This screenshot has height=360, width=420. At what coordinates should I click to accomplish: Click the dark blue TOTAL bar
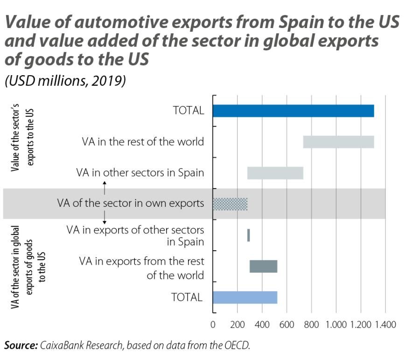click(x=293, y=111)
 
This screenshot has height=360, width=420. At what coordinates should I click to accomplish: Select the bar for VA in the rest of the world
click(x=338, y=142)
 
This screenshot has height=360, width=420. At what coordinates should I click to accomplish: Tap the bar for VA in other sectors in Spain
click(x=275, y=173)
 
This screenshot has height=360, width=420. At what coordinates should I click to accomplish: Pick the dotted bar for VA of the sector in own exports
click(x=230, y=204)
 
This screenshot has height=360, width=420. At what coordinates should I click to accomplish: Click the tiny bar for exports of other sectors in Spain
click(x=248, y=235)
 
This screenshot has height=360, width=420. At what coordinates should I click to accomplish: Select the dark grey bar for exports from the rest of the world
click(x=263, y=266)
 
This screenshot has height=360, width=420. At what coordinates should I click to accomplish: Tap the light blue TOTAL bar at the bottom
click(x=245, y=297)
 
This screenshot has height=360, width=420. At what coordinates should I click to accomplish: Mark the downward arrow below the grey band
click(x=105, y=217)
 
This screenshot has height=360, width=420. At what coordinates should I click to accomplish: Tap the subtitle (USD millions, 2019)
click(x=65, y=81)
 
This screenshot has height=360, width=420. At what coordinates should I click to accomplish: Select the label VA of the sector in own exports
click(x=131, y=204)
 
